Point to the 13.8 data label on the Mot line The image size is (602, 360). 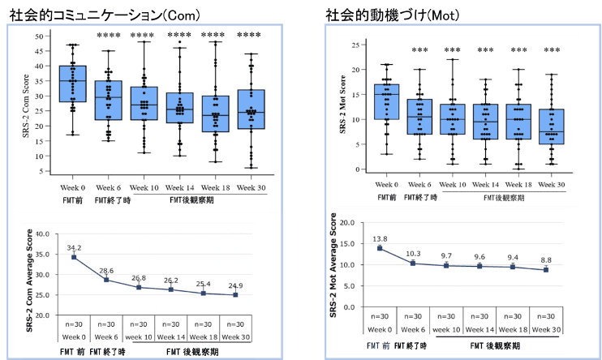click(381, 238)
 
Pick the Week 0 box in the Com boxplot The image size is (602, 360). click(73, 84)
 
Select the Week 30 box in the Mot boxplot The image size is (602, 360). click(551, 126)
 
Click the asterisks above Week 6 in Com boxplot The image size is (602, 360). click(108, 36)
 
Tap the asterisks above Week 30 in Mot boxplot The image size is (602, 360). click(551, 50)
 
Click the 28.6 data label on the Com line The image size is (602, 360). click(106, 269)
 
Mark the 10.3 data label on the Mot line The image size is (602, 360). click(414, 254)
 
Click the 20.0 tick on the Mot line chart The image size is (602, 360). click(348, 221)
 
